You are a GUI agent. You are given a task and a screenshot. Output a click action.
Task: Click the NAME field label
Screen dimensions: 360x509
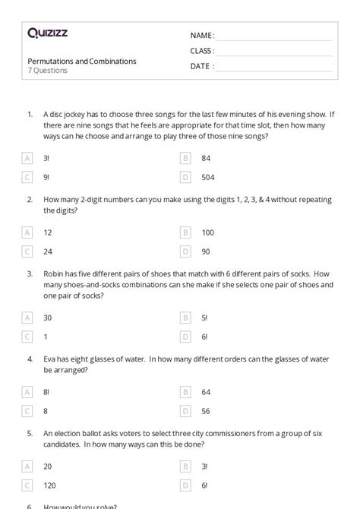[202, 36]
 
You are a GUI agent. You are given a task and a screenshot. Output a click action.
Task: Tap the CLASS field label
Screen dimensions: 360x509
[202, 51]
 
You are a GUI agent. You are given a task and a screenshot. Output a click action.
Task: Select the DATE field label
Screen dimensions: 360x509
[201, 66]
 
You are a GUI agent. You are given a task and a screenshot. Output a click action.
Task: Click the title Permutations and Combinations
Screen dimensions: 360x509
[82, 61]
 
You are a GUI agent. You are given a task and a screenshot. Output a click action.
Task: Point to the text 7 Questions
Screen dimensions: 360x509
[47, 71]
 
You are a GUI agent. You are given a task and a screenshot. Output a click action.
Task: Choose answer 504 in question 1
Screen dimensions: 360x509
[207, 177]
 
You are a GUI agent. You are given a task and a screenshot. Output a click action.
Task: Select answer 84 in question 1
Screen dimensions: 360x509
[205, 158]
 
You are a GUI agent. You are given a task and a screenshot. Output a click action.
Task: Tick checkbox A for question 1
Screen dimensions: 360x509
[27, 158]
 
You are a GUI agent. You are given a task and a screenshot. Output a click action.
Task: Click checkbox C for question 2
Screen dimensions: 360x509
[27, 251]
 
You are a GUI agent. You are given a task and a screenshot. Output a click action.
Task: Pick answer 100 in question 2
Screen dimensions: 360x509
[207, 232]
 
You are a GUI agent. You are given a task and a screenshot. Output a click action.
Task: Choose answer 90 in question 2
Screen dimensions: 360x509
[205, 251]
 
